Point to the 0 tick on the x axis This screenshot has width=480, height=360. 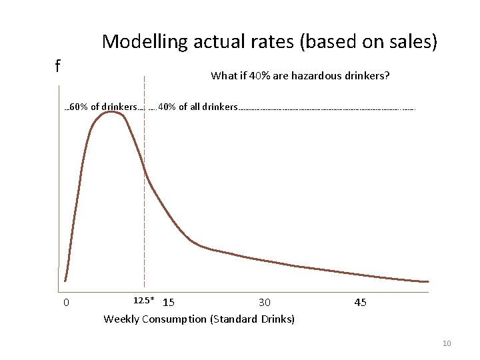point(66,303)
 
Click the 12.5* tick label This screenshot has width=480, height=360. point(144,301)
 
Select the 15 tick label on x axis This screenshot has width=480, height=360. point(169,303)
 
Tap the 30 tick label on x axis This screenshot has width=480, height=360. point(265,303)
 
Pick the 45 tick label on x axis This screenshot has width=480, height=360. point(360,303)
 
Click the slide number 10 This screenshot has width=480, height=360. point(447,343)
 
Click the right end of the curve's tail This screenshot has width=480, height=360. point(427,281)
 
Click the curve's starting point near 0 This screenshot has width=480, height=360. point(65,281)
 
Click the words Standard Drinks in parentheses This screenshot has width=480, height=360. point(253,319)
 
